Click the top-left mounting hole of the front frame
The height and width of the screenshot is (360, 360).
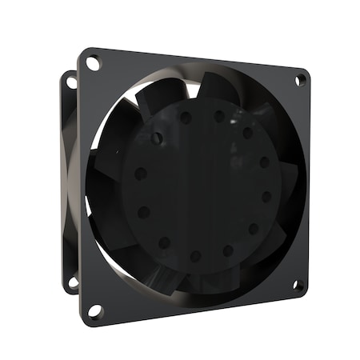[x=93, y=61]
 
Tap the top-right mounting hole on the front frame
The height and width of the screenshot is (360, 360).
[x=301, y=79]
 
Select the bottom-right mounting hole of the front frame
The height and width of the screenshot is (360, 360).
[x=297, y=283]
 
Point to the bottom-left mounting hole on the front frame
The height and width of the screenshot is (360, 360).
[x=94, y=310]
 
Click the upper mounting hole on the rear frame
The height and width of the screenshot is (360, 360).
[x=70, y=81]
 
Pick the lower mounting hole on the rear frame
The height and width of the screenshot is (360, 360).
[x=73, y=282]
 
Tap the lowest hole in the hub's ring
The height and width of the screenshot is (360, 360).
[x=195, y=256]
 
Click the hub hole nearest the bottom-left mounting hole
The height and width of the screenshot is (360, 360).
[x=164, y=242]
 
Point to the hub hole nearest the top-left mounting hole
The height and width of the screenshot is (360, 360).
[x=157, y=138]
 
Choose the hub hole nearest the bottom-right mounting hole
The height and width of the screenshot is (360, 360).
[x=253, y=229]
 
